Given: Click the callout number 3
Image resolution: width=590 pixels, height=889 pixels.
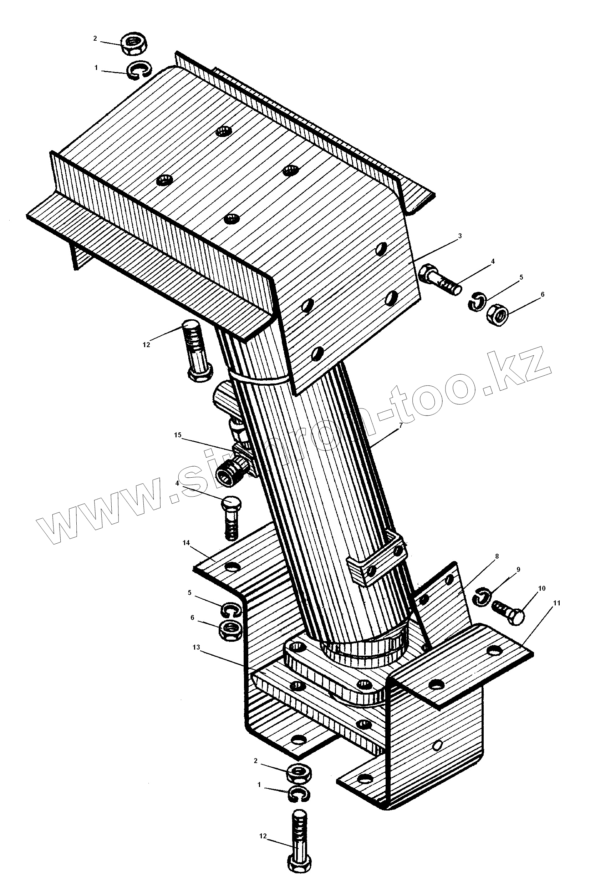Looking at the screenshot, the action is click(460, 236).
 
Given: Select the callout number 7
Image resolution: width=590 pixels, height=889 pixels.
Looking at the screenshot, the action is click(401, 426).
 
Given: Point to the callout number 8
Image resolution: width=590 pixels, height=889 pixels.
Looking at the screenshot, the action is click(497, 556).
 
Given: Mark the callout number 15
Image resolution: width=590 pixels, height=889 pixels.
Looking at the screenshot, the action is click(178, 435).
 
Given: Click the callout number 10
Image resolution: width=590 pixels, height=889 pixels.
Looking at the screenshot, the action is click(542, 588).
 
